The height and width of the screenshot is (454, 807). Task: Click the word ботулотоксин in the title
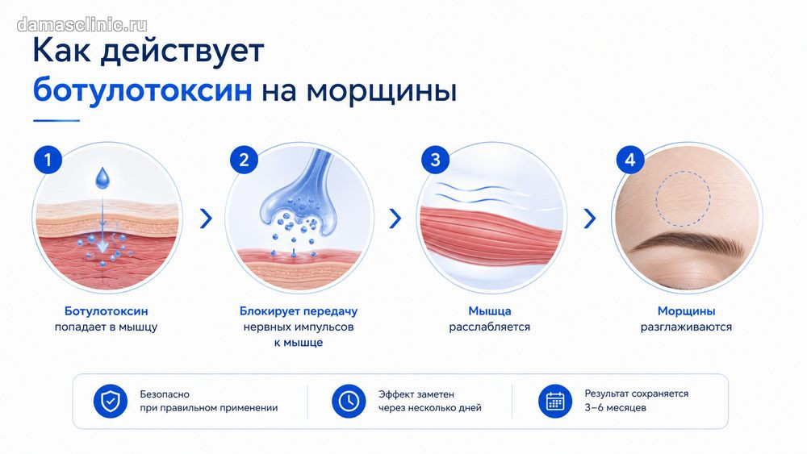pos(143,90)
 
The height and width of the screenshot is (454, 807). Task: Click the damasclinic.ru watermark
pos(82,25)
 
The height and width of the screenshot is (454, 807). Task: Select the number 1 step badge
pos(48,160)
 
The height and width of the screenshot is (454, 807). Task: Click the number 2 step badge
pos(244,160)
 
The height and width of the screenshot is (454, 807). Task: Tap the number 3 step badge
pos(436,160)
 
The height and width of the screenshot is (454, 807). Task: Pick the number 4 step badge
pos(630,160)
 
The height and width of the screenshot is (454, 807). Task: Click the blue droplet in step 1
pos(103,177)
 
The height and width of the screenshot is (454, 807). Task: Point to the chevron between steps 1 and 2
pos(206,219)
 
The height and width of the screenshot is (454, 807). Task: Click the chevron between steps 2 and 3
pos(395,219)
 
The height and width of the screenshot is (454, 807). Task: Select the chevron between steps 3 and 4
pos(591,219)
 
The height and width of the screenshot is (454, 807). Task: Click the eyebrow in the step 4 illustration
pos(690,244)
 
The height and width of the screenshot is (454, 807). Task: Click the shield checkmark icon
pos(110,401)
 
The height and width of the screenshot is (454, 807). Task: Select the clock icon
pos(349,401)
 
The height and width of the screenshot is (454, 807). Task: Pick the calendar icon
pos(555,401)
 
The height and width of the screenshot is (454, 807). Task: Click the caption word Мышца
pos(490,311)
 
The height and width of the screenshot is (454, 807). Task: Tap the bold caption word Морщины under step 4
pos(686,311)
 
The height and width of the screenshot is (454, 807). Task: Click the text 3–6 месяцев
pos(615,408)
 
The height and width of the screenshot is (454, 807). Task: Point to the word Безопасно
pos(165,394)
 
